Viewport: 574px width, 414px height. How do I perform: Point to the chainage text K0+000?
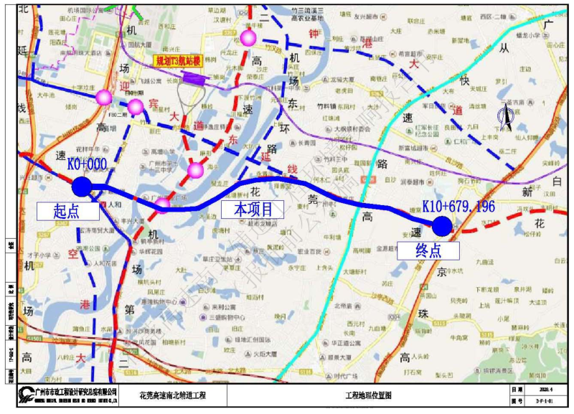click(x=87, y=164)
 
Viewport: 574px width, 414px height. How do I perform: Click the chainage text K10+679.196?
click(x=458, y=206)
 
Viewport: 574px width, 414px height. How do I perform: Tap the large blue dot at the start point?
click(x=82, y=187)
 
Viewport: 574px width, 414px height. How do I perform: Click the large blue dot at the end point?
click(x=442, y=226)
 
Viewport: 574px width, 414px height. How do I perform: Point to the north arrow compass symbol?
click(x=505, y=118)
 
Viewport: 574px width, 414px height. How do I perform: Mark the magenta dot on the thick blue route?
click(x=164, y=205)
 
